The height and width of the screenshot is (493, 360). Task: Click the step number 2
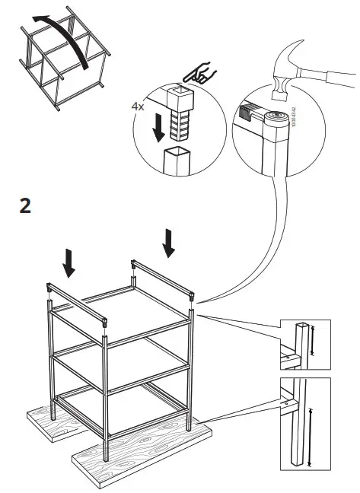click(25, 205)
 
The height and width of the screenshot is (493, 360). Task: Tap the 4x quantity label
click(138, 107)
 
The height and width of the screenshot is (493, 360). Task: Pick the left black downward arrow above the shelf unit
click(69, 262)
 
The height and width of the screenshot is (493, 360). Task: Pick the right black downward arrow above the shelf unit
click(168, 242)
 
